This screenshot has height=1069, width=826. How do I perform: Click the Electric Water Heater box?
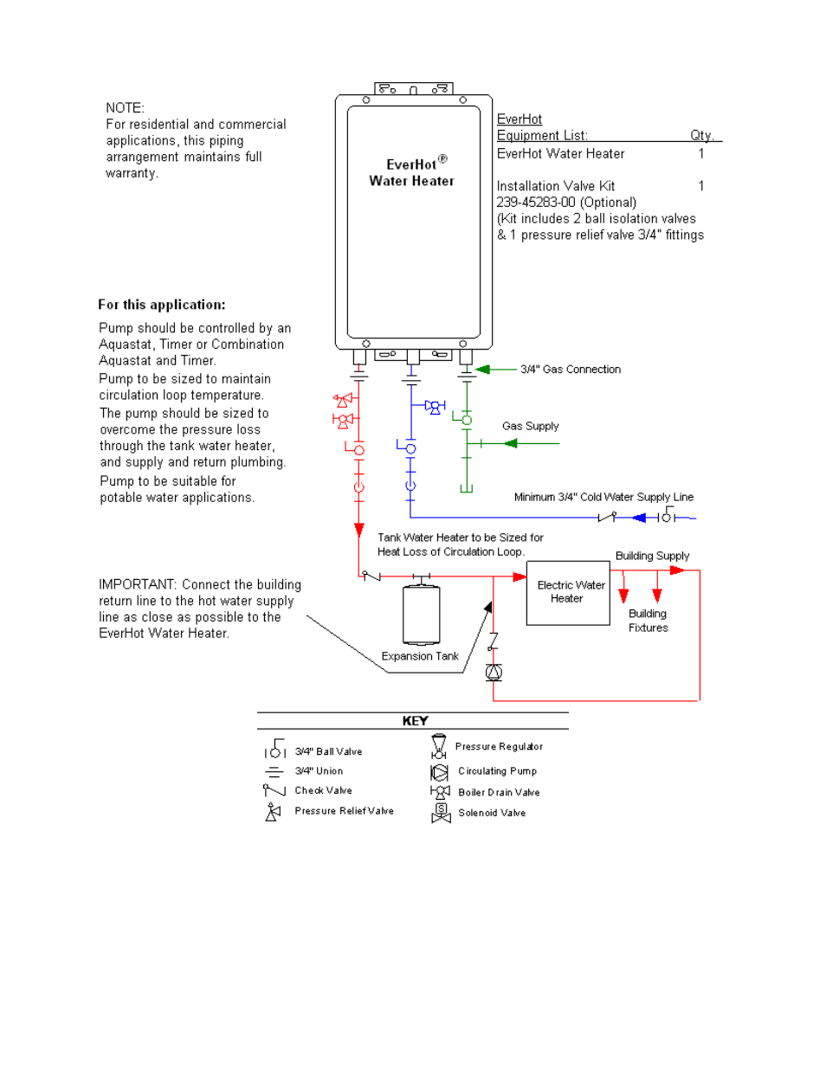568,593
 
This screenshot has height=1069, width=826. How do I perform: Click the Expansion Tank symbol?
422,615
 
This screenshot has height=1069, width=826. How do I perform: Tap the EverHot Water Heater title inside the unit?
412,172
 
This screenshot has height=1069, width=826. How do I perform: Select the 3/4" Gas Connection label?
570,370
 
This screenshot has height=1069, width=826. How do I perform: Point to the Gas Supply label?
530,426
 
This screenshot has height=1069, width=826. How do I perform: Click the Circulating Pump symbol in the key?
440,771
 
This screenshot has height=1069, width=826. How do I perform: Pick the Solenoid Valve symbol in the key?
441,813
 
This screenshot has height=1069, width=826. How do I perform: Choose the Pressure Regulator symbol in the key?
439,746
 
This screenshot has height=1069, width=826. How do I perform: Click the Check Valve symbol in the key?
274,790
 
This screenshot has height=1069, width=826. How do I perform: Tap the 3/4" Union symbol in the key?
274,771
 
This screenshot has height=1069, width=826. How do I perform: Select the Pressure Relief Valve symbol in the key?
273,812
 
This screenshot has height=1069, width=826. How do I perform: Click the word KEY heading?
415,721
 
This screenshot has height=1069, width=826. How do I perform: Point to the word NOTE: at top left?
125,108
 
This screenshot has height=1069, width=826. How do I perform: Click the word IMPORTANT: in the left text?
138,585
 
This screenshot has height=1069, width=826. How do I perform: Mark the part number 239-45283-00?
535,203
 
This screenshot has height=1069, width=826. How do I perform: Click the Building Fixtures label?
648,621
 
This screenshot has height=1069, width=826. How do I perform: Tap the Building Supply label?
652,556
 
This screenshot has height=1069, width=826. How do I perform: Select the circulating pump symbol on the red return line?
494,672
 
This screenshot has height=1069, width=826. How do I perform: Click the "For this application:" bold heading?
161,305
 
